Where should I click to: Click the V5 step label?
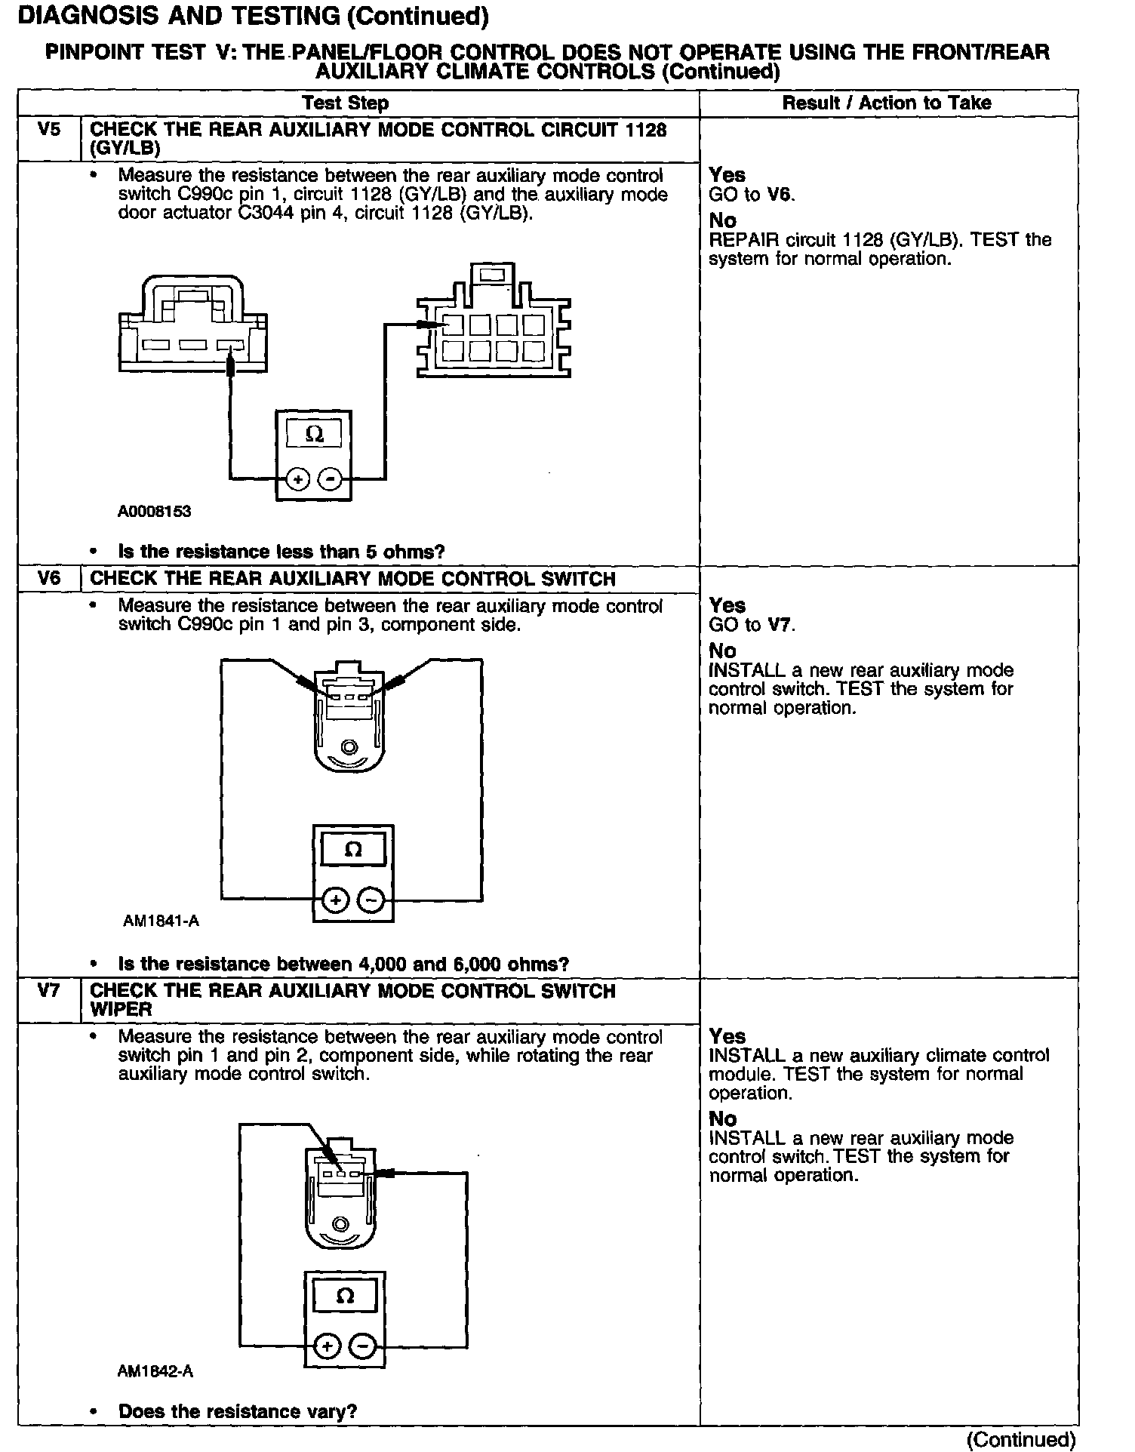pos(48,129)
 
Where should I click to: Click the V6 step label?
pos(48,578)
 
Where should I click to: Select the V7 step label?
pos(48,990)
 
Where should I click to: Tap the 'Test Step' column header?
pos(345,103)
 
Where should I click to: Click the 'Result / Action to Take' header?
pos(887,103)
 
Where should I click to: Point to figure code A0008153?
pos(154,512)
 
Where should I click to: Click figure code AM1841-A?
pos(161,921)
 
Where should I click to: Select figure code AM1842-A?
pos(155,1371)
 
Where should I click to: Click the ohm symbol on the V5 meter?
pos(314,435)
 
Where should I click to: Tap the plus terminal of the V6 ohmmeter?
pos(334,900)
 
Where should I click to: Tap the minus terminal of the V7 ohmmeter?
pos(364,1346)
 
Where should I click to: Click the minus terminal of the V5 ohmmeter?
pos(330,479)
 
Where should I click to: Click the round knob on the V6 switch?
pos(349,747)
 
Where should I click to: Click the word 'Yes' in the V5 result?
pos(727,175)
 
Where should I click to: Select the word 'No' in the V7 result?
pos(722,1118)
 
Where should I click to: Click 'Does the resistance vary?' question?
pos(237,1411)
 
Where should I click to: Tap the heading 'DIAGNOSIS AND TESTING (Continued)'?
pos(252,16)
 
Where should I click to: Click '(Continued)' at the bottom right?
pos(1021,1438)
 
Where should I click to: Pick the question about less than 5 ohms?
pos(281,552)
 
